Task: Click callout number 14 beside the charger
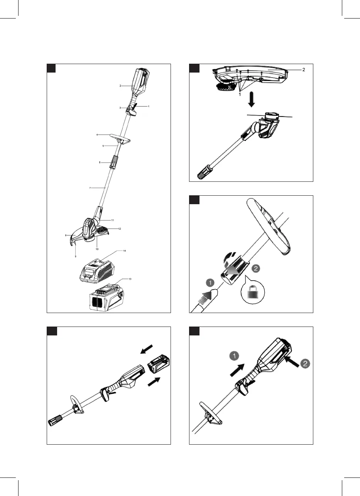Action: (125, 251)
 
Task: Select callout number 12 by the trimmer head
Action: (120, 229)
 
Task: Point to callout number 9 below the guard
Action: (76, 256)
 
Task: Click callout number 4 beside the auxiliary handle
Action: (98, 135)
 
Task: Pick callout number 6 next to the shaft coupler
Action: (100, 163)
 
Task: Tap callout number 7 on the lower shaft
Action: (90, 188)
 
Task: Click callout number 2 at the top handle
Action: (120, 86)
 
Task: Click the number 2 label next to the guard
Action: (303, 70)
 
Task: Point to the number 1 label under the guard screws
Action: (240, 94)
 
